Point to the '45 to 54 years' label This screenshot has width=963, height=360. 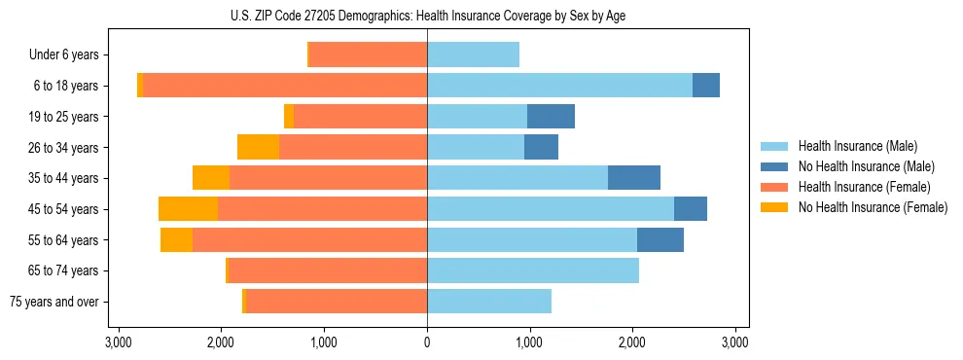point(64,209)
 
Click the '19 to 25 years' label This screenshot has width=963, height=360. point(64,117)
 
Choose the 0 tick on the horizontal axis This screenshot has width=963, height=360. point(427,342)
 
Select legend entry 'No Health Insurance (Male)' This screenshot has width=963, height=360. point(866,166)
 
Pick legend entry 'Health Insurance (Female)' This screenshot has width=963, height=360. point(865,187)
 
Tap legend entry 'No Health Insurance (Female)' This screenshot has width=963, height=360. point(873,207)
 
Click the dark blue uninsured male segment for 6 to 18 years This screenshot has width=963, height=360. point(706,86)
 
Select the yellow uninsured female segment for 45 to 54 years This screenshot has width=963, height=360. point(188,209)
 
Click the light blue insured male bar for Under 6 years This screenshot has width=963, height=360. point(473,54)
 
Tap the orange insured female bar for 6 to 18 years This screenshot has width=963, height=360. point(285,86)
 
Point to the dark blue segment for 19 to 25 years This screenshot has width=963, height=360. point(551,117)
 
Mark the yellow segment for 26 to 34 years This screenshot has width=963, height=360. point(258,147)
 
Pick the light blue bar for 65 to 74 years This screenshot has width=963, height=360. point(533,270)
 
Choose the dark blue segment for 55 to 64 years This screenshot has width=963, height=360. point(660,239)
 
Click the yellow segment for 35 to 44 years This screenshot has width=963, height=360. point(211,178)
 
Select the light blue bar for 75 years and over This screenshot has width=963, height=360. point(489,302)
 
